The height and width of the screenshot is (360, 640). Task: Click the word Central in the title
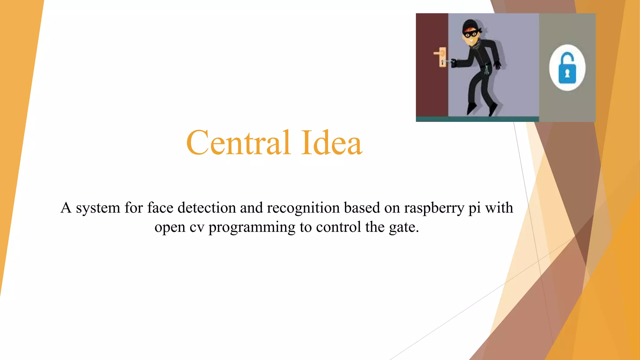(238, 143)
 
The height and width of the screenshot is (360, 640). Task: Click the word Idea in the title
(332, 143)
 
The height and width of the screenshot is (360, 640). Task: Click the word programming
(252, 227)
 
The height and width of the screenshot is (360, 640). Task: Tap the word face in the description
(160, 208)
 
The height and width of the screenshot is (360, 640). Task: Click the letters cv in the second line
(197, 227)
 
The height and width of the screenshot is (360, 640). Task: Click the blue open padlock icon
(567, 69)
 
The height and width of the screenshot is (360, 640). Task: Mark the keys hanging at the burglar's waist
(487, 69)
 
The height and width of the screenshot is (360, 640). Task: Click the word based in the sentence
(362, 208)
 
